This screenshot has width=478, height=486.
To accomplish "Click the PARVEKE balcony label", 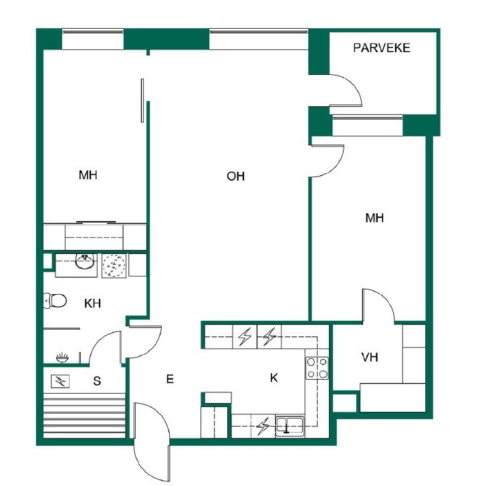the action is click(x=382, y=48).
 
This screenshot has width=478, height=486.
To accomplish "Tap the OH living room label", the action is click(x=235, y=176).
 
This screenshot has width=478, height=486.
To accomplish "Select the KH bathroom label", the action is click(x=92, y=303).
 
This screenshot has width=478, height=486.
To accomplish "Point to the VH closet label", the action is click(x=370, y=358).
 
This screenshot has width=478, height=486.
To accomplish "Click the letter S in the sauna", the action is click(x=97, y=381).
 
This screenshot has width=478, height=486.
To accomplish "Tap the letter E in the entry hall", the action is click(x=170, y=379).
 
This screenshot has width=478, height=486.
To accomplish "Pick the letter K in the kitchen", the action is click(x=273, y=378).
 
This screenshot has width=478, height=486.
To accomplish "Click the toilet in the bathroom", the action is click(x=55, y=301).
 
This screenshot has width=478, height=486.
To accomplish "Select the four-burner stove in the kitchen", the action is click(x=317, y=368).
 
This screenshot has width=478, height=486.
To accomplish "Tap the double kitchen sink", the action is click(x=290, y=425).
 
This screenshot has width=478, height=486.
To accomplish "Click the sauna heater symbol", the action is click(x=60, y=381).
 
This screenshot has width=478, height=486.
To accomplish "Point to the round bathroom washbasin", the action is click(x=85, y=262).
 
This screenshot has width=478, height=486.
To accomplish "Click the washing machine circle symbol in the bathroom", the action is click(x=114, y=265).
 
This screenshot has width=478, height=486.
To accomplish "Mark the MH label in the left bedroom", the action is click(x=88, y=175).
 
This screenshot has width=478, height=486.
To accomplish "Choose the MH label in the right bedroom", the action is click(x=374, y=218).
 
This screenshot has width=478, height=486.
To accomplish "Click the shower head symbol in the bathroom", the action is click(x=62, y=358).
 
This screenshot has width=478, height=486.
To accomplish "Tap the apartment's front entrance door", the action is click(x=152, y=442).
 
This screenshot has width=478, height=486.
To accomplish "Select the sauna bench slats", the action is click(x=84, y=415).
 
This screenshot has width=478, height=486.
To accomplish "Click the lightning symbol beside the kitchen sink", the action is click(x=263, y=427).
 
